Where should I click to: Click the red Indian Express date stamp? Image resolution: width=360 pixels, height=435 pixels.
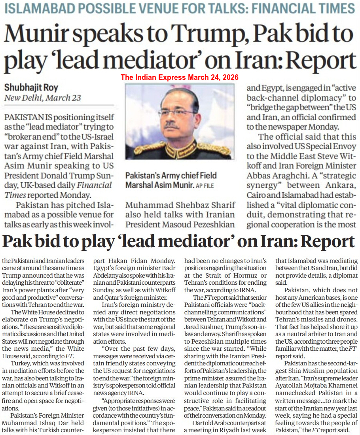coord(180,77)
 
